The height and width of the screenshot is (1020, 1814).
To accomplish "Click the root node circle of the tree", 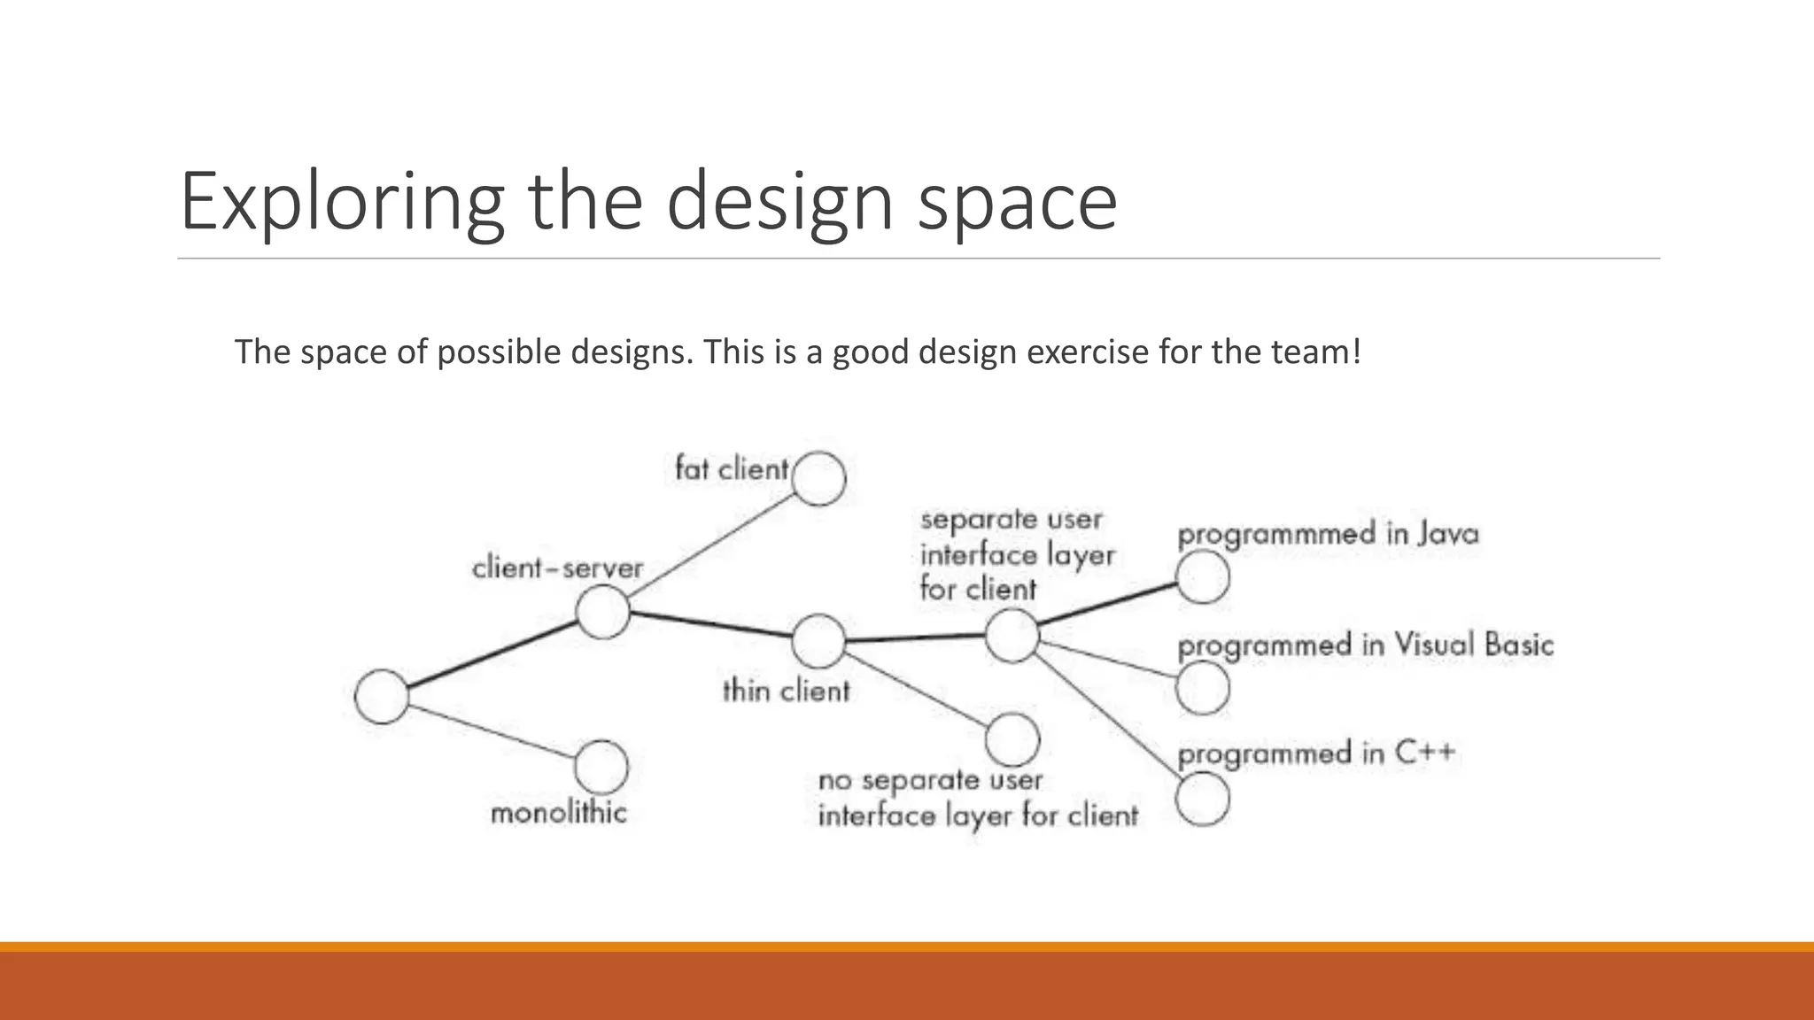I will point(382,697).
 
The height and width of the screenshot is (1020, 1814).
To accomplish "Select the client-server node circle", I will point(602,612).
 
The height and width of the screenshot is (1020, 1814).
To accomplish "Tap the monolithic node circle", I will point(601,767).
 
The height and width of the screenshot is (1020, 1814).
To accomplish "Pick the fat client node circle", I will point(818,478).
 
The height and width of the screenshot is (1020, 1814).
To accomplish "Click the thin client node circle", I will point(818,641).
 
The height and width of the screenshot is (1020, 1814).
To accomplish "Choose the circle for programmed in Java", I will point(1203,577).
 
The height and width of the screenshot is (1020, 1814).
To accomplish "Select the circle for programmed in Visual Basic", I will point(1203,688).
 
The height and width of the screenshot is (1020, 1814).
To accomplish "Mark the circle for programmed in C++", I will point(1203,799).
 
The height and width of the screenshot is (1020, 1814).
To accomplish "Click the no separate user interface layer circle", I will point(1012,739).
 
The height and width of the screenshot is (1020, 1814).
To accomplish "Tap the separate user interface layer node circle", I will point(1012,636).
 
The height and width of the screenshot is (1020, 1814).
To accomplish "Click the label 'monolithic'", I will point(558,813).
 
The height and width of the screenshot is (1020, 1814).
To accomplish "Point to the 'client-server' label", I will point(557,568).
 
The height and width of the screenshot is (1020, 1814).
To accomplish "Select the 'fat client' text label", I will point(731,468).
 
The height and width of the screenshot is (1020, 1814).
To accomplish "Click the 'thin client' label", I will point(786,691).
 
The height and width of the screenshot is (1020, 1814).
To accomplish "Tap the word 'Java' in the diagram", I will point(1448,534).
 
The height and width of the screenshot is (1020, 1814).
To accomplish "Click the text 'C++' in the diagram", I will point(1425,753).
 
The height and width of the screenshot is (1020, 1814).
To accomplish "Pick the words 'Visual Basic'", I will point(1474,645).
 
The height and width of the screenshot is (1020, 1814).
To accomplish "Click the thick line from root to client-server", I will point(492,654).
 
